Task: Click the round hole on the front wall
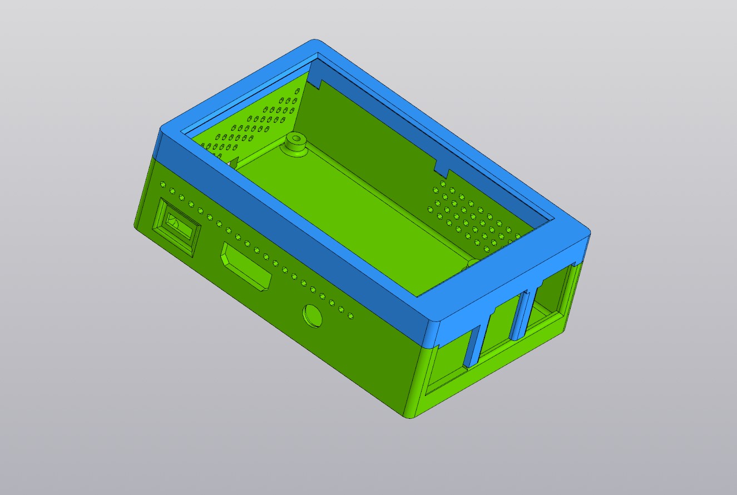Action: [313, 315]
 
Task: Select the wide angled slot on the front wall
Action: [246, 266]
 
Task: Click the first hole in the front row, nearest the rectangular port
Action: [163, 184]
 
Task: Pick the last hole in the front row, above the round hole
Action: [350, 316]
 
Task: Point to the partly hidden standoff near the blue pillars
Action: [472, 263]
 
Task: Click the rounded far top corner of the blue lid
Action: [315, 43]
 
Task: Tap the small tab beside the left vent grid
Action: [234, 162]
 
